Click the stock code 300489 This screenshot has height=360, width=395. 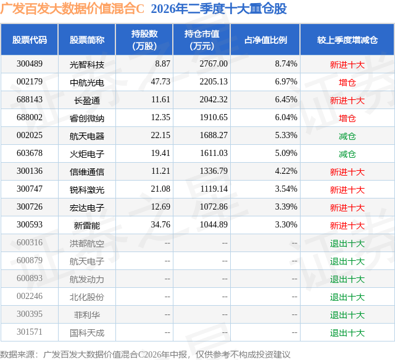30,64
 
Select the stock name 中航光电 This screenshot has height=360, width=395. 87,83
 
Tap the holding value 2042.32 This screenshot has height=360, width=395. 214,100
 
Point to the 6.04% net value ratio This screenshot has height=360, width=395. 286,118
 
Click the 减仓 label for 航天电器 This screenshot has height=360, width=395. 347,136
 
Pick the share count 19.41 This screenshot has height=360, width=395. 160,153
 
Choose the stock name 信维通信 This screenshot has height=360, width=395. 87,172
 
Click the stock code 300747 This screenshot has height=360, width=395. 30,189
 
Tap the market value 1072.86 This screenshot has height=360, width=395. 214,207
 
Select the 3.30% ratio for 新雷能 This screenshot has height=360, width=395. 286,224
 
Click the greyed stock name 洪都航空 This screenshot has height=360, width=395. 87,243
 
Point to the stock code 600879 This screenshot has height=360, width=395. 30,260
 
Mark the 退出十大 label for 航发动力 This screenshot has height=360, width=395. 347,279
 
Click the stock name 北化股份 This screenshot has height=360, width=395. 87,297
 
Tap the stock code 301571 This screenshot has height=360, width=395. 30,332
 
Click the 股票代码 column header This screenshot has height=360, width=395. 30,39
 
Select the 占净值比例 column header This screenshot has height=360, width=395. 265,39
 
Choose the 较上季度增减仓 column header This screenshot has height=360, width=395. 347,39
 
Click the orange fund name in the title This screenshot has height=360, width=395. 72,9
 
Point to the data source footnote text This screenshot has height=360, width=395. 145,354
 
